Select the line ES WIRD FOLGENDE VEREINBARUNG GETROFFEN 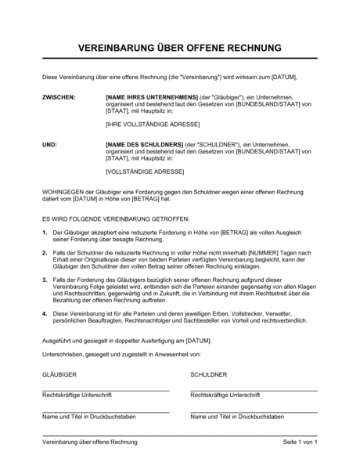tap(115, 219)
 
